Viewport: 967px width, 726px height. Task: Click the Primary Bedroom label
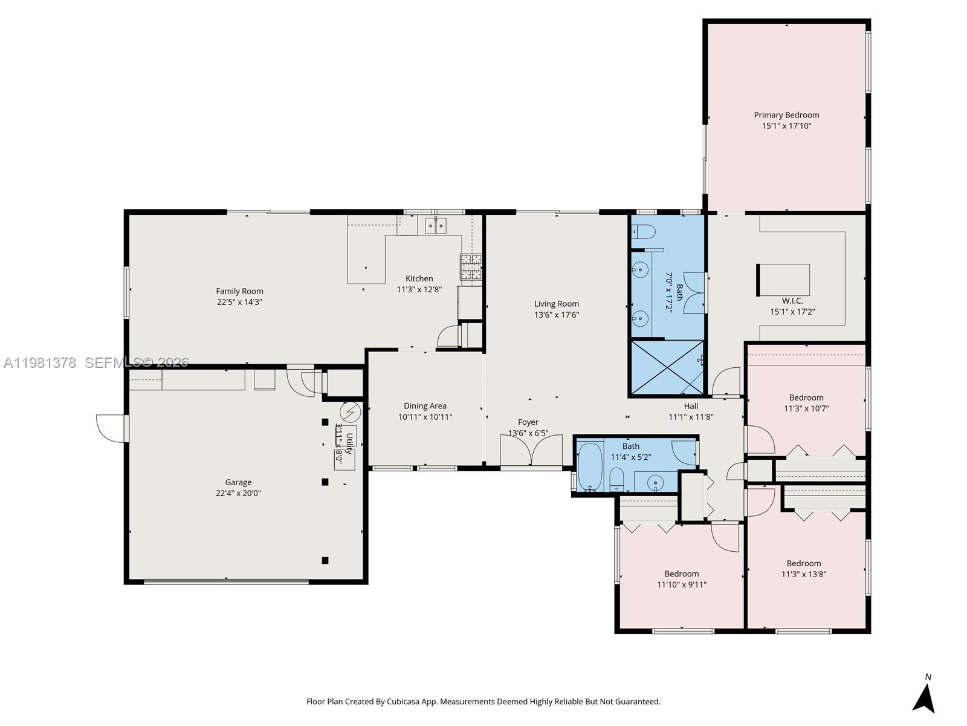[786, 115]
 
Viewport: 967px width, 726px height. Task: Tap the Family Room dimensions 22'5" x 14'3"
[240, 302]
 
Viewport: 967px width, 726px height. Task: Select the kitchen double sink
[436, 226]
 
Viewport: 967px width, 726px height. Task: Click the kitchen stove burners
[471, 267]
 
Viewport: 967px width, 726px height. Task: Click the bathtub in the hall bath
[590, 466]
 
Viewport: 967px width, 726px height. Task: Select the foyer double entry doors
[531, 450]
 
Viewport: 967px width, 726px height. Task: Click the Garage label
[238, 482]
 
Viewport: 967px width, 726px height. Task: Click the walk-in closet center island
[784, 280]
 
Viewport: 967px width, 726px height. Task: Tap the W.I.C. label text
[792, 301]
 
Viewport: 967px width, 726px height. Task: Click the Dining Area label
[425, 406]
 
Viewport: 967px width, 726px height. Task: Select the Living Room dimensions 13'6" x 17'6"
[557, 315]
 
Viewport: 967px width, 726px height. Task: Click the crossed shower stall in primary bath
[667, 368]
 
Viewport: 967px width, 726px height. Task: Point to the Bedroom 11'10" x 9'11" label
[682, 574]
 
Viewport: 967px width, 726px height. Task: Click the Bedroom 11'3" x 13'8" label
[804, 563]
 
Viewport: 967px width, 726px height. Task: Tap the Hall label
[691, 406]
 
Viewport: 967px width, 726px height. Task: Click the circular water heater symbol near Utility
[350, 412]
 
